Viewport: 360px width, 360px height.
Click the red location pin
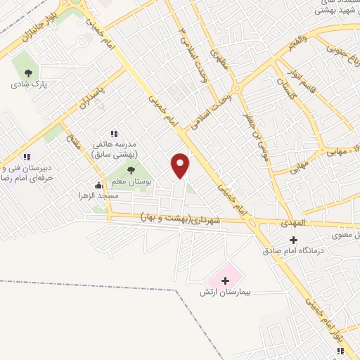181,165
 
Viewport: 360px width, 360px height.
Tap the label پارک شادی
28,84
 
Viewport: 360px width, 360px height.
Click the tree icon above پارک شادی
28,72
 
